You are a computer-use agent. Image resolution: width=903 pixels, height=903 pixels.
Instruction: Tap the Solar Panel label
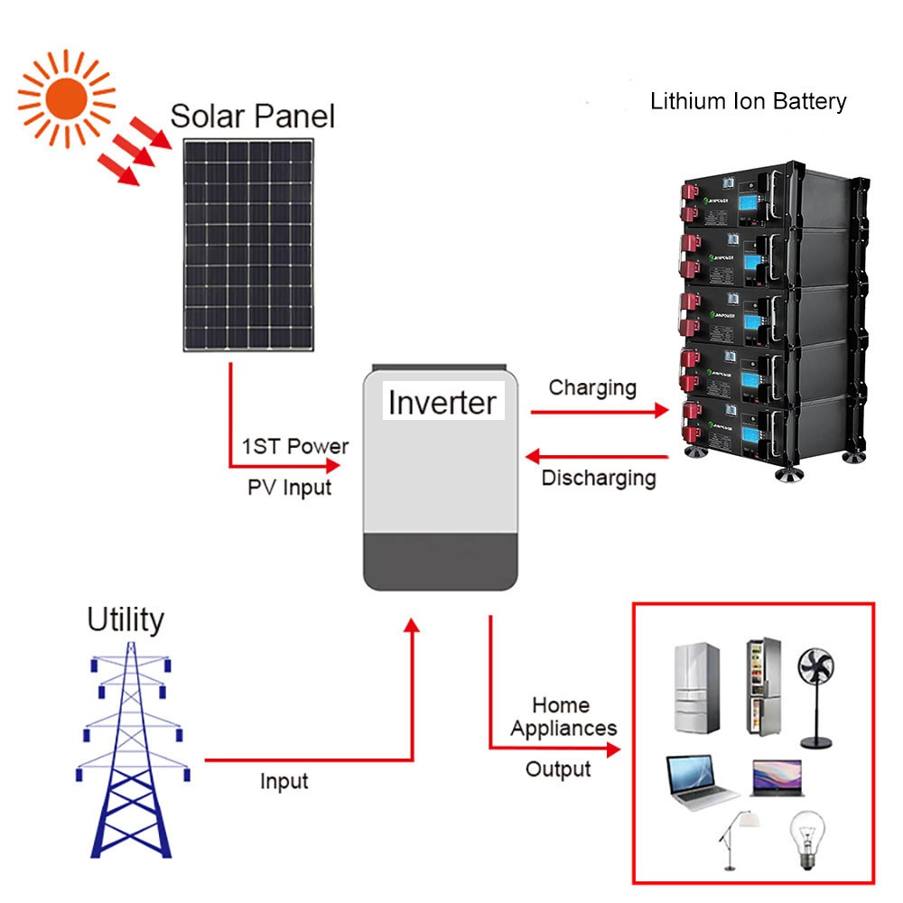(252, 116)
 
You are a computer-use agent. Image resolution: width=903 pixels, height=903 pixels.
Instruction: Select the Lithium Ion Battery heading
(749, 100)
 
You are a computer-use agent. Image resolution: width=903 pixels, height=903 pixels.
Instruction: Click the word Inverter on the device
(442, 402)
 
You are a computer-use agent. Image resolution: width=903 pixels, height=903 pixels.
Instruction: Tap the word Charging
(592, 388)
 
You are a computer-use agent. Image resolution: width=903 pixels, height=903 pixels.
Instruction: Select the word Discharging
(598, 478)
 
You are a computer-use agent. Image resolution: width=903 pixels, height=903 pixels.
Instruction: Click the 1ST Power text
(294, 446)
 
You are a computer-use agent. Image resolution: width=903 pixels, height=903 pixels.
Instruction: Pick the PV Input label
(289, 488)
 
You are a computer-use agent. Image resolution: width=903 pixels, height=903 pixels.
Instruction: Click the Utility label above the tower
(126, 620)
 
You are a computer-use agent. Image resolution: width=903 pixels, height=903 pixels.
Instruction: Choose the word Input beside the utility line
(284, 781)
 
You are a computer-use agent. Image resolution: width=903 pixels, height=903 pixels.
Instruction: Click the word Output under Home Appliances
(558, 769)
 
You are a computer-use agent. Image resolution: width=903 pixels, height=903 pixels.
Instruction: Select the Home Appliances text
(563, 716)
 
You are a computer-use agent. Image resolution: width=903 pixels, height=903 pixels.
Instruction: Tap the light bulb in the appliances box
(805, 836)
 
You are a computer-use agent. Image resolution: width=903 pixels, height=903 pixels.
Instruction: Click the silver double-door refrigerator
(696, 688)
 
